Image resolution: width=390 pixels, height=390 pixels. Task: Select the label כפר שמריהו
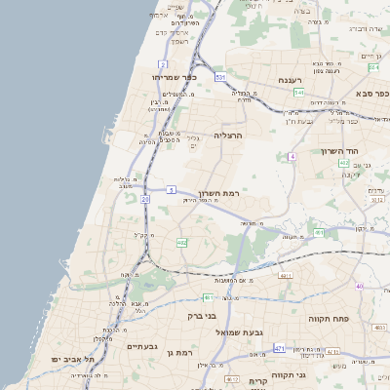point(175,76)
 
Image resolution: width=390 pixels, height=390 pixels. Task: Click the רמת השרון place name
point(217,194)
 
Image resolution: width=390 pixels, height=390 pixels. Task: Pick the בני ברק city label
point(201,316)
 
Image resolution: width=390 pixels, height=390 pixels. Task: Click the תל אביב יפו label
point(73,360)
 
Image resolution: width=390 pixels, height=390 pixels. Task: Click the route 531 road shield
point(221,75)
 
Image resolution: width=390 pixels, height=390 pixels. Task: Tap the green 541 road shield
point(298,93)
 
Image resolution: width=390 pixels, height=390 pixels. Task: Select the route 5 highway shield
point(172,189)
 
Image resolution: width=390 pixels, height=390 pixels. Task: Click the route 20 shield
point(145,199)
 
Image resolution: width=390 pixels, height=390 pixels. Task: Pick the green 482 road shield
point(181,242)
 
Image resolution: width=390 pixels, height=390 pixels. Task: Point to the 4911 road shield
point(286,277)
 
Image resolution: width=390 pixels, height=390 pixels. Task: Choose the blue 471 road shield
point(280,348)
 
